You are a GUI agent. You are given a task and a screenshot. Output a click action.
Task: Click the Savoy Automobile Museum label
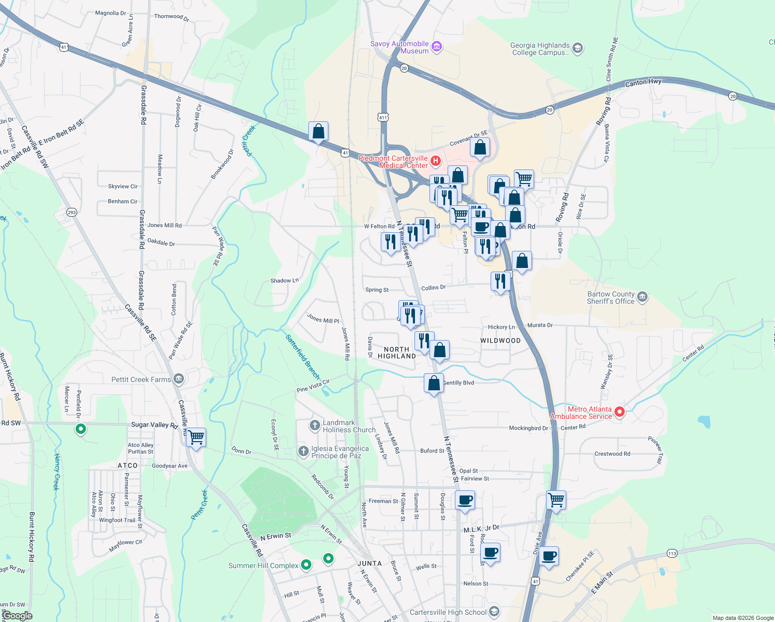399,47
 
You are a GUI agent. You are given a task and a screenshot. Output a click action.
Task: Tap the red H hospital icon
436,161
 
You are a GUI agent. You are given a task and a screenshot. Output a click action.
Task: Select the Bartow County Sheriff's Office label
611,298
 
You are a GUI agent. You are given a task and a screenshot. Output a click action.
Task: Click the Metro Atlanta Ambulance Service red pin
619,413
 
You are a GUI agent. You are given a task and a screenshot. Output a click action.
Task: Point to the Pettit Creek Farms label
141,379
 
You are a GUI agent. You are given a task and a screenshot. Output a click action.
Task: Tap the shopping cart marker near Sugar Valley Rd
196,437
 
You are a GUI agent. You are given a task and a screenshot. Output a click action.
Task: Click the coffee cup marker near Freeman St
465,500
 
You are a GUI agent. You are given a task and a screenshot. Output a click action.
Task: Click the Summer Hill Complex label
263,566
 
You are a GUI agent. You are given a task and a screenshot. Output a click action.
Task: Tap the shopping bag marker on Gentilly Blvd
434,384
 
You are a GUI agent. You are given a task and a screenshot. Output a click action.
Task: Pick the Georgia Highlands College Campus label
540,49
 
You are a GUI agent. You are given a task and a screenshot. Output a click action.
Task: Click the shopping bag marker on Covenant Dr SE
480,148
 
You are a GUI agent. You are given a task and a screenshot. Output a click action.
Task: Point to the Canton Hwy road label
643,82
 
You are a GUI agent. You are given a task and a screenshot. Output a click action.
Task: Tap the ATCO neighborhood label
127,465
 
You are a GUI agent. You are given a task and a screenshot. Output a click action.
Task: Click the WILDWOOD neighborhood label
500,341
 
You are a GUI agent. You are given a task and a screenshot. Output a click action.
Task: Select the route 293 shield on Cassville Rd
71,212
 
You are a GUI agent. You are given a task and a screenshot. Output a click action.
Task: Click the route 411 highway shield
383,118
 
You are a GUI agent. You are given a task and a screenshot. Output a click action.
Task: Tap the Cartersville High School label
448,612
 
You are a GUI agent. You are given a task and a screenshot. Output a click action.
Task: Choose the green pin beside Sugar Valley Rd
80,429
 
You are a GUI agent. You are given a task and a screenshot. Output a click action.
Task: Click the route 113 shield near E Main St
672,553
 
